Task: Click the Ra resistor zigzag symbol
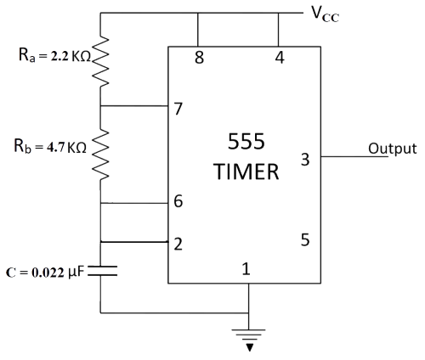[x=100, y=61]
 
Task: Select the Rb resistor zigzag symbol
[x=100, y=155]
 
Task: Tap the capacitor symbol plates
[x=102, y=271]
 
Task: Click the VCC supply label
[x=325, y=14]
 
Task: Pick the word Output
[x=393, y=149]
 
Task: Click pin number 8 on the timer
[x=199, y=58]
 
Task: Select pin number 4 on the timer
[x=280, y=58]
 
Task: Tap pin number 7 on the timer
[x=178, y=109]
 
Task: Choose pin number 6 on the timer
[x=178, y=201]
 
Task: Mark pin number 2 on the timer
[x=178, y=244]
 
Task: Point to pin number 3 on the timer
[x=305, y=160]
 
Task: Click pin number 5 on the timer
[x=305, y=239]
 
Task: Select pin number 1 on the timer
[x=246, y=268]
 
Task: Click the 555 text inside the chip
[x=246, y=141]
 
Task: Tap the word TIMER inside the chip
[x=246, y=172]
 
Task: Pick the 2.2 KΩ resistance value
[x=71, y=57]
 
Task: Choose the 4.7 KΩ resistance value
[x=66, y=148]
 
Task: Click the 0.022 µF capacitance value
[x=58, y=273]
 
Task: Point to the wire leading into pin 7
[x=134, y=106]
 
